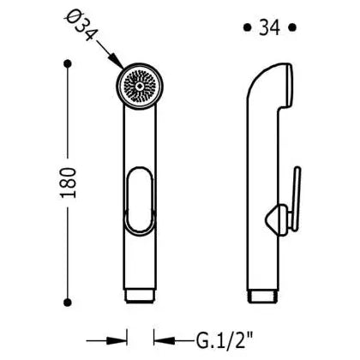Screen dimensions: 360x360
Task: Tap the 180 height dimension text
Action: [x=69, y=183]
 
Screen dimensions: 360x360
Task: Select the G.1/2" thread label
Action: [x=225, y=341]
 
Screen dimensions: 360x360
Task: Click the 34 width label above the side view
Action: [x=269, y=27]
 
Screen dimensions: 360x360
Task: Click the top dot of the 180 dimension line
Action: [x=68, y=63]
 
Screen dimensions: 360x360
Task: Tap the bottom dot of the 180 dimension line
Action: [x=68, y=302]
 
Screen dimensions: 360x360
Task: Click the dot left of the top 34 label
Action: [x=247, y=27]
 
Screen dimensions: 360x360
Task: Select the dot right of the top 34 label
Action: [x=291, y=27]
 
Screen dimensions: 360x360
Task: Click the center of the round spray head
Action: [x=140, y=86]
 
